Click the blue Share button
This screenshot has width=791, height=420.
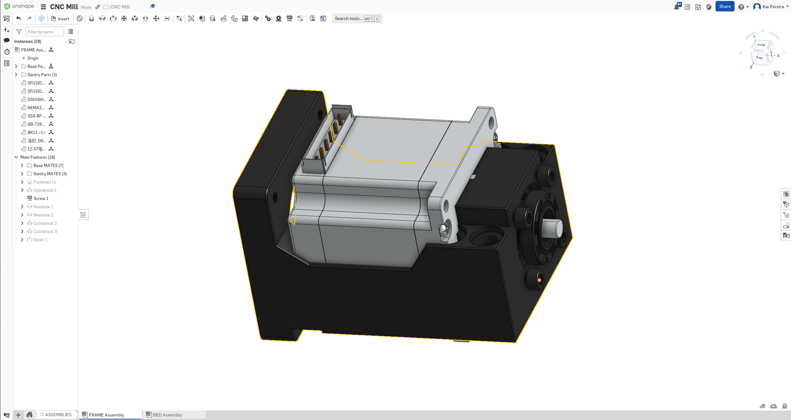(x=724, y=7)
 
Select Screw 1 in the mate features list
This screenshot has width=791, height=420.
(x=41, y=198)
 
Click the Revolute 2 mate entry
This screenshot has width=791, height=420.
(x=43, y=215)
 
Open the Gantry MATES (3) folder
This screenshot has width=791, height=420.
(x=50, y=174)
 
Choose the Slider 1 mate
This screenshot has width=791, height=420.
(x=41, y=240)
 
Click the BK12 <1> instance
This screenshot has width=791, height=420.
(x=36, y=132)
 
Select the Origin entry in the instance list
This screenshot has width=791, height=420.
(x=33, y=58)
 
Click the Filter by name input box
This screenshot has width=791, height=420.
(x=44, y=32)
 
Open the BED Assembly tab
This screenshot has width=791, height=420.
(x=167, y=415)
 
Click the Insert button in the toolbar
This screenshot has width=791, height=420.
(x=60, y=19)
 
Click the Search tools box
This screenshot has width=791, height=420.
(x=349, y=19)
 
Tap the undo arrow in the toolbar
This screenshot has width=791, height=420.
(x=18, y=18)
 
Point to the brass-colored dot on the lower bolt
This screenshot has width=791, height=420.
(x=539, y=280)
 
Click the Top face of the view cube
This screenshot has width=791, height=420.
(x=760, y=58)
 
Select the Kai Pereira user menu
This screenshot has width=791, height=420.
(x=770, y=7)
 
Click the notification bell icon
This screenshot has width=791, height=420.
(x=676, y=7)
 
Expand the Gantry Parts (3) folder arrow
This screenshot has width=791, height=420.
(x=16, y=75)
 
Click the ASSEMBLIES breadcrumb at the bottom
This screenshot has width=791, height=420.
(x=58, y=415)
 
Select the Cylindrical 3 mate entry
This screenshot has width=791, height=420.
(x=45, y=231)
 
